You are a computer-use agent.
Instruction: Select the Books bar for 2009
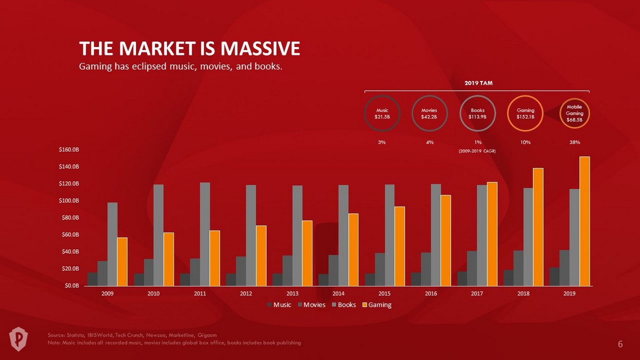click(x=113, y=244)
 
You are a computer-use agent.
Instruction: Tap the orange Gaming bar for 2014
click(x=353, y=249)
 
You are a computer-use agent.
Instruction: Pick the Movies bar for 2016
click(x=426, y=269)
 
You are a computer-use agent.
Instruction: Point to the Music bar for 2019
click(x=555, y=276)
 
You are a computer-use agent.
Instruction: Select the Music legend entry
click(x=279, y=305)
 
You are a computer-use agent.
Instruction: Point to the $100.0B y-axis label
click(x=69, y=201)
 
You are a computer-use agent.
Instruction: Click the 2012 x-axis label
click(x=246, y=293)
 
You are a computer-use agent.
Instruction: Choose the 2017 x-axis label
click(x=477, y=293)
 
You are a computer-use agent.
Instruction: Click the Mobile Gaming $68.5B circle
click(x=574, y=113)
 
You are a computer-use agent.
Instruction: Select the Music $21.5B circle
click(x=380, y=113)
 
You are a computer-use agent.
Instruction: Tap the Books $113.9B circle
click(x=477, y=113)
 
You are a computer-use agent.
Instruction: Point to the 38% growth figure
click(x=574, y=142)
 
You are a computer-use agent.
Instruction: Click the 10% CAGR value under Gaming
click(x=526, y=142)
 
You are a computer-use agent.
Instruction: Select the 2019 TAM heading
click(x=477, y=83)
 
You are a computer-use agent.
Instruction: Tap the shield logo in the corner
click(x=19, y=337)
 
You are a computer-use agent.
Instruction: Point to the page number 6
click(x=620, y=344)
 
